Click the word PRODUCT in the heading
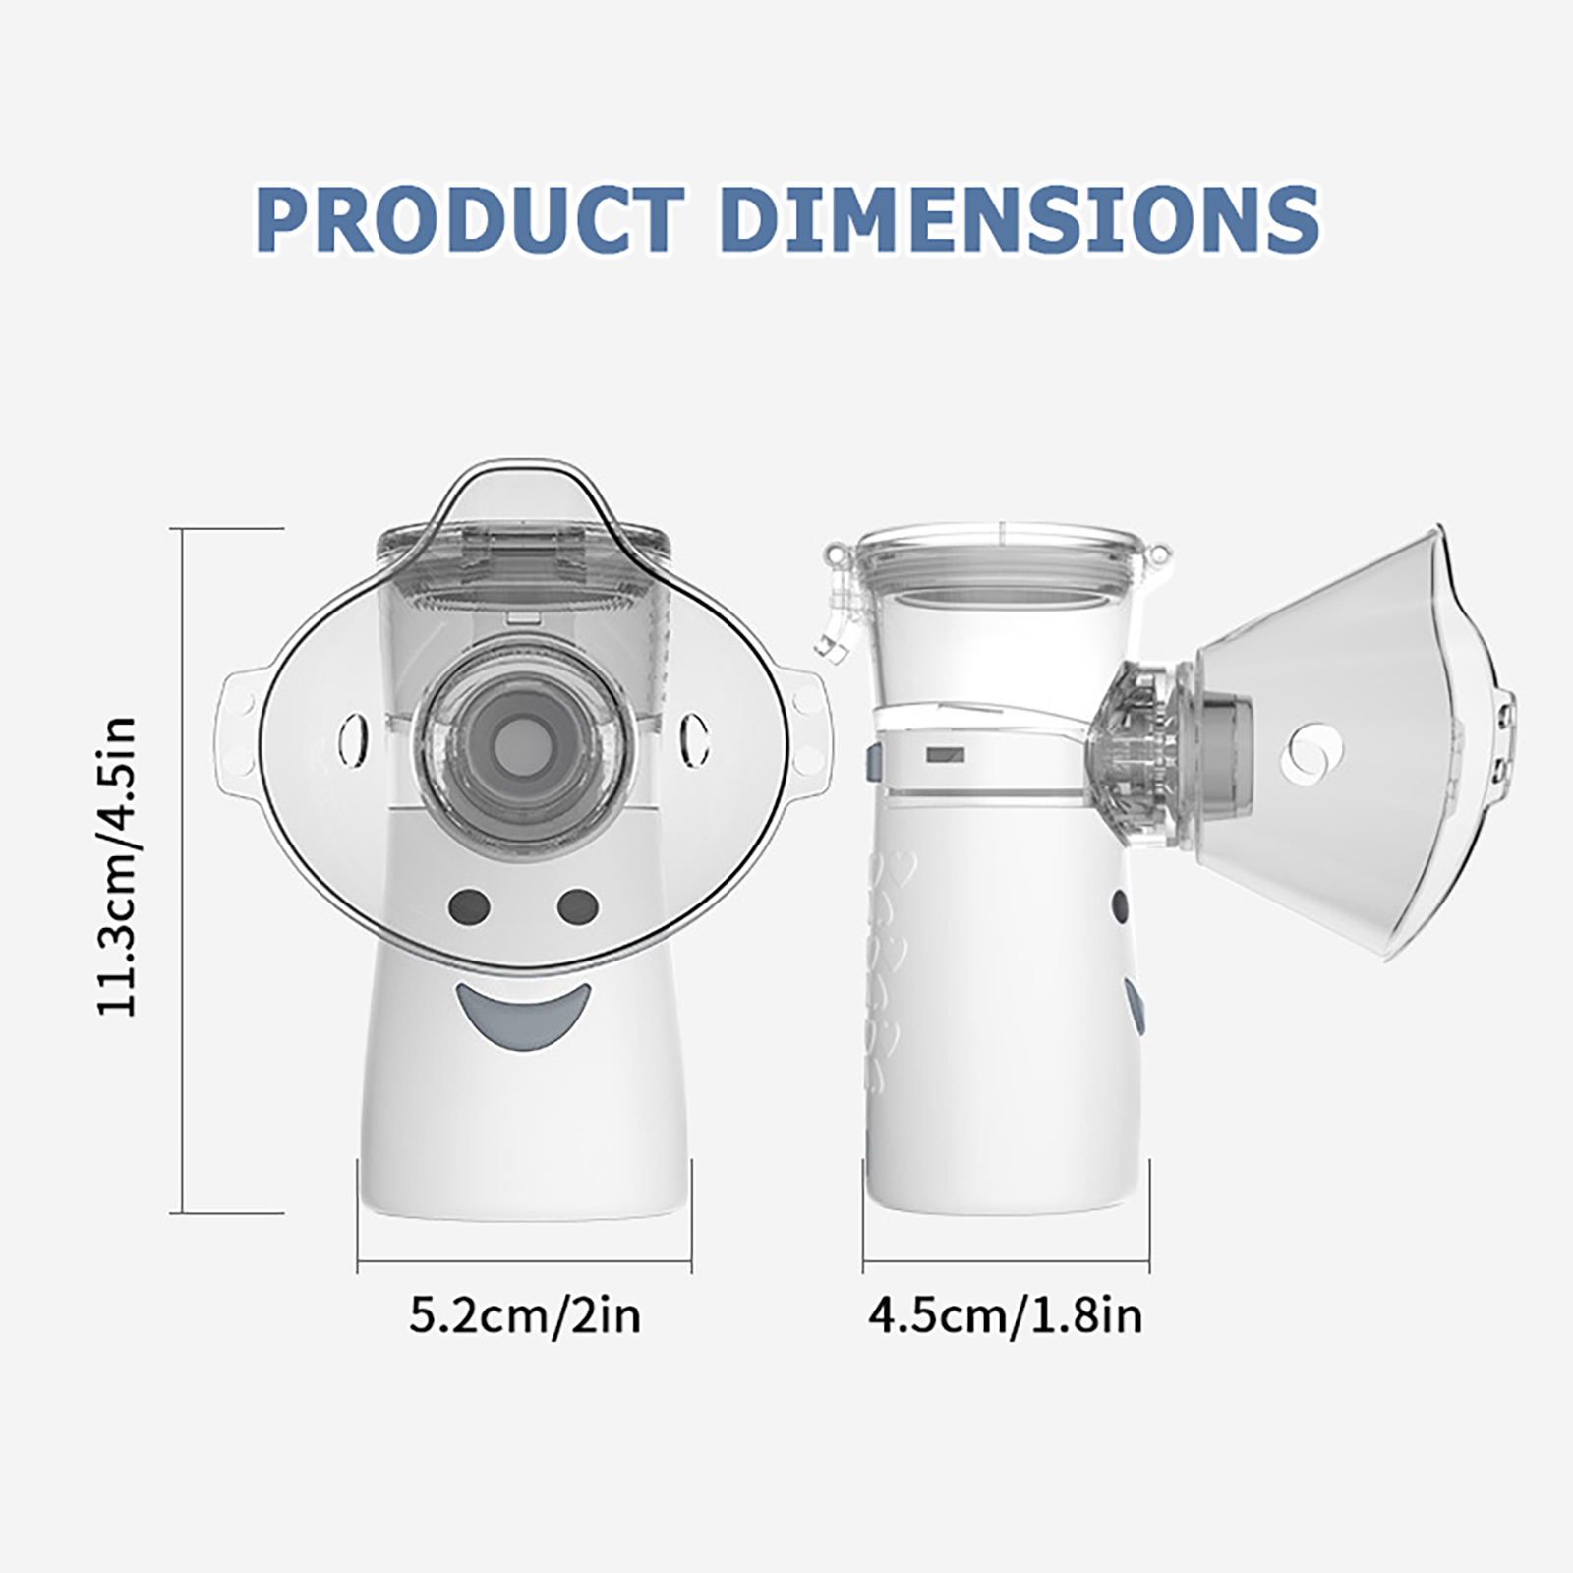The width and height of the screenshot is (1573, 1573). click(x=471, y=217)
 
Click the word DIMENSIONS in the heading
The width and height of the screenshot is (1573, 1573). click(x=1020, y=217)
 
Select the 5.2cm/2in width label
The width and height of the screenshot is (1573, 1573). click(x=525, y=1315)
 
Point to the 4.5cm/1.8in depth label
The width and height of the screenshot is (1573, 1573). click(x=1006, y=1315)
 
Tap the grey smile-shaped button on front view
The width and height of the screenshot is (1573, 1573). click(x=523, y=1016)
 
